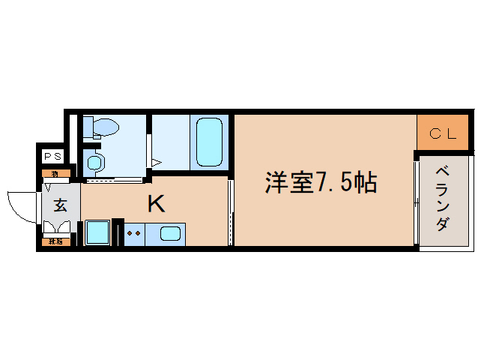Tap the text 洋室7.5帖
coord(320,183)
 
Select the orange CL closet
coord(443,133)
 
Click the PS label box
coord(52,157)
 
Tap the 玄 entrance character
coord(59,204)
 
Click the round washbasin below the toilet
coord(95,161)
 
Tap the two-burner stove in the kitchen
coord(134,234)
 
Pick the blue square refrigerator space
coord(98,232)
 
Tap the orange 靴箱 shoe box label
coord(55,241)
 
